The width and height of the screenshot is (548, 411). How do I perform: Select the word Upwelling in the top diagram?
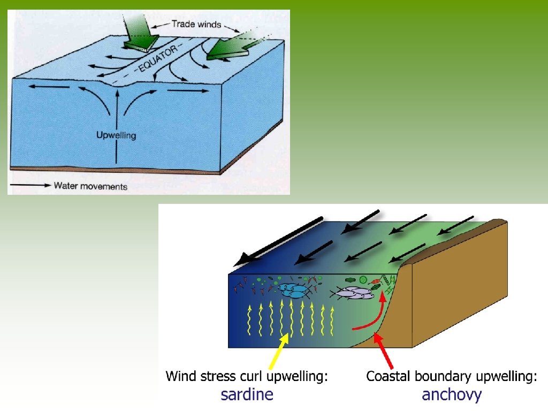pos(116,135)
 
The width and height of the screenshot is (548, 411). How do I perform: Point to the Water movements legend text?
pos(90,186)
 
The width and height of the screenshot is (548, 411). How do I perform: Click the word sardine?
pos(247,395)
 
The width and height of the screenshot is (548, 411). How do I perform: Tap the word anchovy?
pos(452,395)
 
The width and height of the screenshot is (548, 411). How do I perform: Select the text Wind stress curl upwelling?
pos(247,376)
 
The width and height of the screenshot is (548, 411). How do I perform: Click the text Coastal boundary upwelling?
pos(452,376)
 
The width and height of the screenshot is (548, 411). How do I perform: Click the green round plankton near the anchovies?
pos(363,279)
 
